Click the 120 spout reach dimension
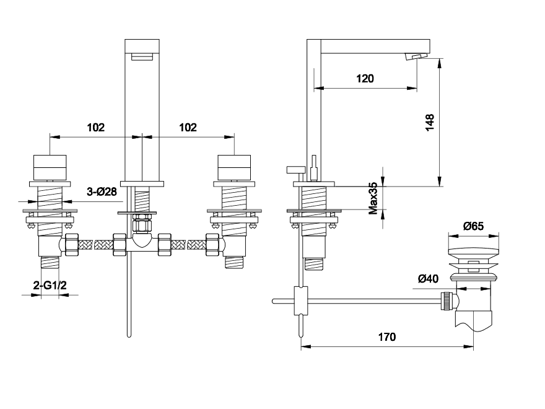pyautogui.click(x=365, y=79)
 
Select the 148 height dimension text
pyautogui.click(x=430, y=122)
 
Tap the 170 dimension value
pyautogui.click(x=387, y=337)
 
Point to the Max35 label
pyautogui.click(x=373, y=198)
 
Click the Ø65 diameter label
pyautogui.click(x=473, y=226)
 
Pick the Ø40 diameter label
pyautogui.click(x=428, y=279)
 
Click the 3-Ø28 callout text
pyautogui.click(x=102, y=191)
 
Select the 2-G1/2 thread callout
pyautogui.click(x=50, y=286)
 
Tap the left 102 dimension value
pyautogui.click(x=95, y=128)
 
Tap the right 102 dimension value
pyautogui.click(x=188, y=128)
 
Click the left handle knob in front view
pyautogui.click(x=50, y=168)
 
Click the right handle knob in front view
pyautogui.click(x=234, y=168)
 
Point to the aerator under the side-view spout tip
pyautogui.click(x=417, y=56)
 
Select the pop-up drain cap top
pyautogui.click(x=473, y=254)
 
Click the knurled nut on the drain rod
pyautogui.click(x=446, y=301)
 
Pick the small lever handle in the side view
pyautogui.click(x=296, y=170)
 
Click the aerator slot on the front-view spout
pyautogui.click(x=142, y=56)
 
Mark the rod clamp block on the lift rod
pyautogui.click(x=301, y=301)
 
